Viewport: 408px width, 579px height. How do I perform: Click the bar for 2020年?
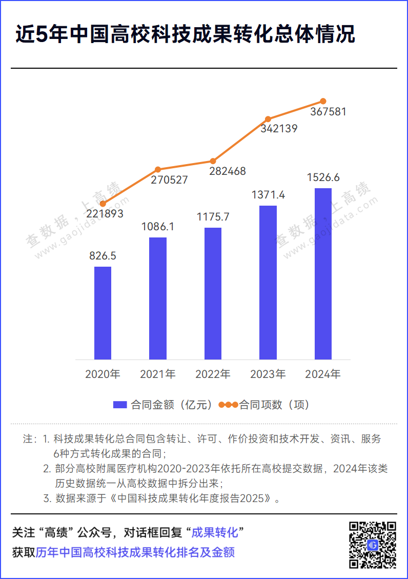pos(103,313)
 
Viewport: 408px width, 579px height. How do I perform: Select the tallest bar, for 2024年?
pos(323,274)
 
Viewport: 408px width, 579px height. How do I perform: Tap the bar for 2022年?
pos(213,293)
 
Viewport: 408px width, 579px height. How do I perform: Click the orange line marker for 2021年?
pos(158,169)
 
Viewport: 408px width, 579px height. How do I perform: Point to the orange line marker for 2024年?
pos(323,101)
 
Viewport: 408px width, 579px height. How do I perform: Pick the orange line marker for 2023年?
pos(268,119)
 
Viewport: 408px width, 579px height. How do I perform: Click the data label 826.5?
pos(103,256)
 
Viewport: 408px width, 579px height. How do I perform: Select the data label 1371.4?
pos(268,195)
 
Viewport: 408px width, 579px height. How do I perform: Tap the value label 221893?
pos(105,214)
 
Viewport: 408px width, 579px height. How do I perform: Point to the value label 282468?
pos(228,171)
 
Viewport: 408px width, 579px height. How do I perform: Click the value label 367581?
pos(329,111)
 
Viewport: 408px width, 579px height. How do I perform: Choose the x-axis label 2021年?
pos(158,374)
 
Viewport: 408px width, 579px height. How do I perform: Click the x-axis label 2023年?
pos(268,374)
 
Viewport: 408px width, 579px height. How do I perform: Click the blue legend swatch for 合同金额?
pos(119,405)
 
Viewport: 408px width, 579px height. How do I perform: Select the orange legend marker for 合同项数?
pos(228,405)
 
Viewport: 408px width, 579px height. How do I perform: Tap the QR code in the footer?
pos(373,545)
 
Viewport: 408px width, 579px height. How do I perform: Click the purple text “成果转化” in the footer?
pos(215,532)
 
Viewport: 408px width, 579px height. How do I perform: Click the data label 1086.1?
pos(158,226)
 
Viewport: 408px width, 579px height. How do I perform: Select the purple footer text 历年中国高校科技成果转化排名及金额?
pos(135,552)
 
